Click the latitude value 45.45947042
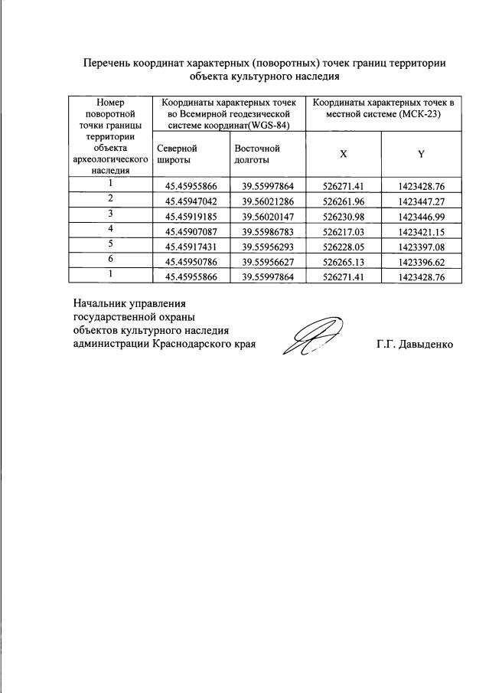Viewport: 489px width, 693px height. click(x=191, y=201)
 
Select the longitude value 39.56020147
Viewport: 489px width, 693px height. click(x=268, y=217)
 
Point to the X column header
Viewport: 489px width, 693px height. click(x=343, y=153)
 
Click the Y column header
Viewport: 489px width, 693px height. click(x=421, y=153)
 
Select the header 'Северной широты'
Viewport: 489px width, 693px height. click(x=177, y=154)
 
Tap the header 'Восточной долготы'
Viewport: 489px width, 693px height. click(x=256, y=154)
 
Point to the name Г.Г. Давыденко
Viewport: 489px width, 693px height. click(x=415, y=345)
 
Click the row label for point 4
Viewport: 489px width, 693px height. click(x=111, y=229)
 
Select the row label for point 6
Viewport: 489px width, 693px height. click(x=111, y=260)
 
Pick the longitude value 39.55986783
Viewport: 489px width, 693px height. click(x=268, y=231)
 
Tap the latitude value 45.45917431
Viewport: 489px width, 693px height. click(x=191, y=247)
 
